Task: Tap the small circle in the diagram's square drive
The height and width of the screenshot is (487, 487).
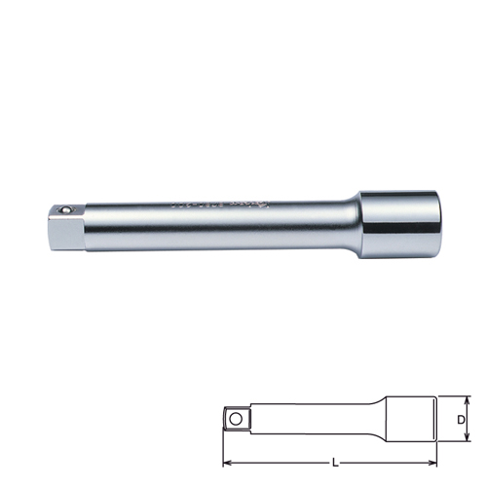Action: click(x=235, y=418)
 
